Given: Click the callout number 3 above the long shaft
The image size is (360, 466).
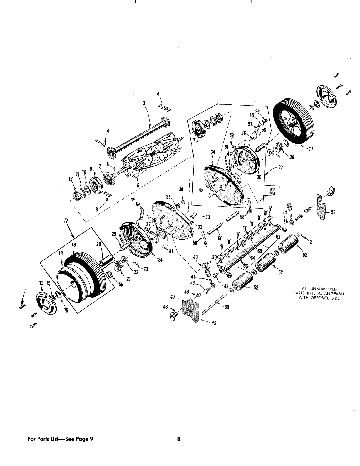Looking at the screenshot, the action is point(144,103).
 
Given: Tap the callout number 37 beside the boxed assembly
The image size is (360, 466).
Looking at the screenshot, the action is point(281,167).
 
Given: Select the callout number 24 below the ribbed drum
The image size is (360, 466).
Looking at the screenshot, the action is point(160,260).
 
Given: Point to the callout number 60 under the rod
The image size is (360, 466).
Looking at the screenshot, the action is point(220,238).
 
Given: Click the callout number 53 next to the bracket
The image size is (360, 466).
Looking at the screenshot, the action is point(333,212).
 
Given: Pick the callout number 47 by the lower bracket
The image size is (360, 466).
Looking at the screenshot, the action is point(173,297).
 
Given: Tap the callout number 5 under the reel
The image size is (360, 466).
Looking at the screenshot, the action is point(138,185).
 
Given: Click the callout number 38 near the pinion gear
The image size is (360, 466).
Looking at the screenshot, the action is point(292,157).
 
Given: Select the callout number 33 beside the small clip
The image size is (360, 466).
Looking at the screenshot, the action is point(208,217).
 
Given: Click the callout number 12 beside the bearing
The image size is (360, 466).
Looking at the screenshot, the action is point(71,179).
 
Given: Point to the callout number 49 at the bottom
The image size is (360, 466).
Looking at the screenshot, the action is point(214,323).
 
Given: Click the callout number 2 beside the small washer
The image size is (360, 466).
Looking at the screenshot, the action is point(311,242).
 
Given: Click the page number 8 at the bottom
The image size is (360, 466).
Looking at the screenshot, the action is point(178,439).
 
